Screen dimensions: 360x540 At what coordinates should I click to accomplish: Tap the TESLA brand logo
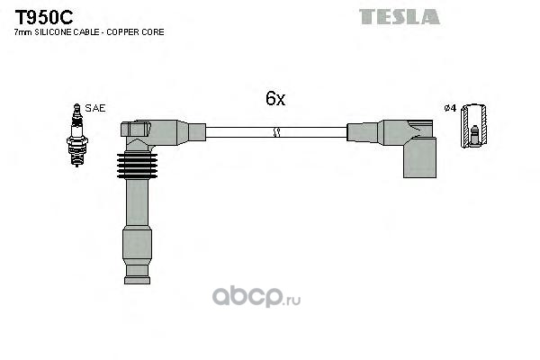point(400,16)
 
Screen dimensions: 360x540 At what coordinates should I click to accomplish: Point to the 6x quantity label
point(274,99)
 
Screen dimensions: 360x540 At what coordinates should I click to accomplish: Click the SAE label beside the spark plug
point(96,108)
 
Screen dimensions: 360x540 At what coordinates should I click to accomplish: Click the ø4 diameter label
point(450,109)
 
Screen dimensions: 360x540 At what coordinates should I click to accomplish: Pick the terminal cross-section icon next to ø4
point(473,126)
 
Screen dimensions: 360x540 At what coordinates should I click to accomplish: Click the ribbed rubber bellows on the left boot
point(137,167)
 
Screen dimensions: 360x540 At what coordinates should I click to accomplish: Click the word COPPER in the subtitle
point(124,31)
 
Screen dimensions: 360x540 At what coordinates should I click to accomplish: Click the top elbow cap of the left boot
point(137,131)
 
